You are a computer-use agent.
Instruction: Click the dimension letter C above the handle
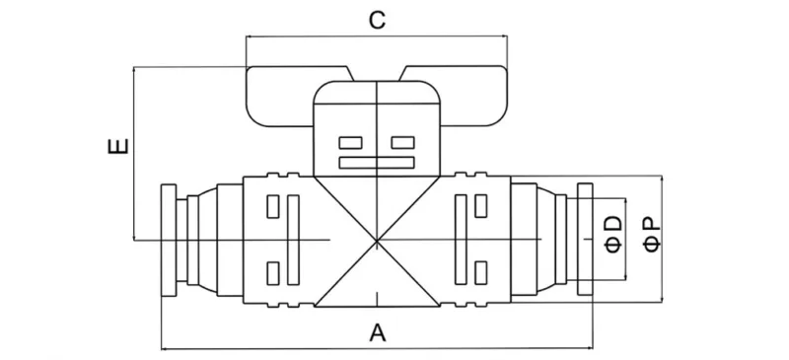pyautogui.click(x=376, y=20)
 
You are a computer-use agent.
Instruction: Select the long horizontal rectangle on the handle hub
pyautogui.click(x=377, y=162)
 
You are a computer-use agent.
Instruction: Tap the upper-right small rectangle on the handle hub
pyautogui.click(x=401, y=141)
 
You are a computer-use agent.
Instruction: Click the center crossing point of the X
pyautogui.click(x=377, y=241)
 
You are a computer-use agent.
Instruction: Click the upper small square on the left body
pyautogui.click(x=273, y=207)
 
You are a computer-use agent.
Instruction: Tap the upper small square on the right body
pyautogui.click(x=480, y=207)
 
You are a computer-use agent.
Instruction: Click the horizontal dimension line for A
pyautogui.click(x=296, y=346)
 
